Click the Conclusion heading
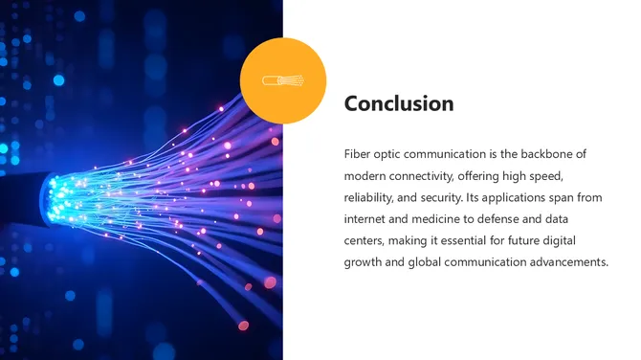coord(399,103)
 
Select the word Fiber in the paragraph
coord(358,154)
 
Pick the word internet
coord(368,219)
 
